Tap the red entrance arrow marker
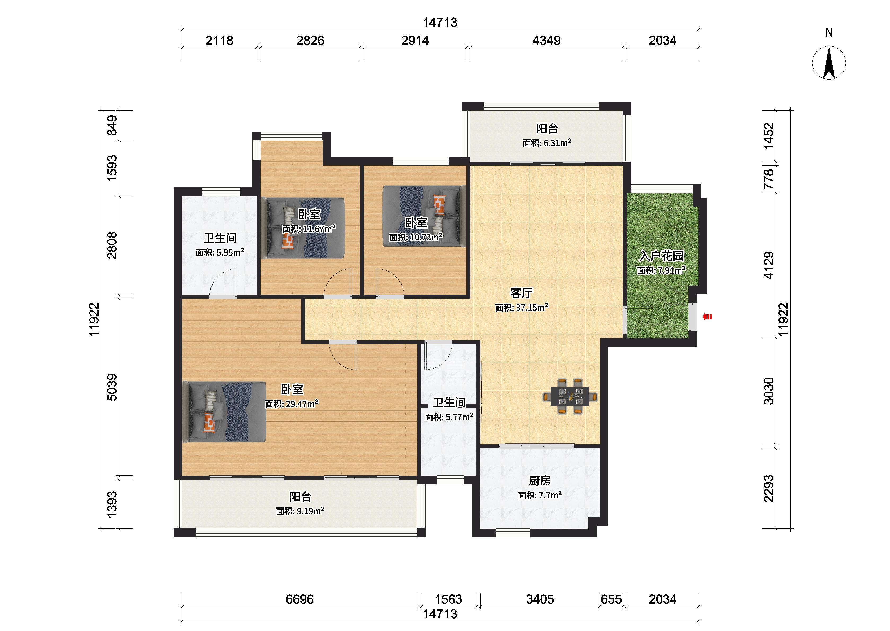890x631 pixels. click(707, 317)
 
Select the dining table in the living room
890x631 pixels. click(570, 396)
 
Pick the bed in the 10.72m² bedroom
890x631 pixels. click(424, 216)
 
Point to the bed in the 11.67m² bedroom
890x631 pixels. click(302, 228)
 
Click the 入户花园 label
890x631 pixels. click(661, 256)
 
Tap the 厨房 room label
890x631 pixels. click(540, 481)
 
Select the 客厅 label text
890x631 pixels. click(522, 293)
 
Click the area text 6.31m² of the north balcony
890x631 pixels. click(557, 143)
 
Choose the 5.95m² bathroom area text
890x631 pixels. click(230, 253)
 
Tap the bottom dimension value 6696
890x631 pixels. click(299, 599)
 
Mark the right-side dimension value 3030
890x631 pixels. click(769, 391)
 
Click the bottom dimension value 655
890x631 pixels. click(611, 599)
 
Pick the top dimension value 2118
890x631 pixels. click(219, 40)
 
